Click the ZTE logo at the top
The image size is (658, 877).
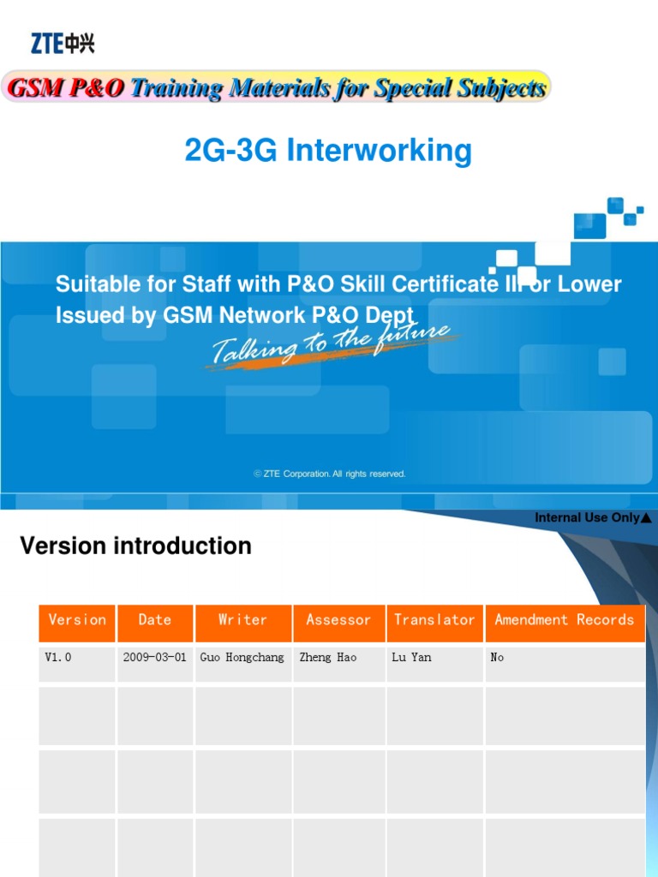tap(63, 43)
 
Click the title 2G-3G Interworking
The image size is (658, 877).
tap(328, 151)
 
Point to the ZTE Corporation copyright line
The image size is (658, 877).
tap(330, 474)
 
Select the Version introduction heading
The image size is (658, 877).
tap(135, 546)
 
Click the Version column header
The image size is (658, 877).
tap(77, 620)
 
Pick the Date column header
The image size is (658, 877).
tap(155, 620)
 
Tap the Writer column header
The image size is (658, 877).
tap(243, 620)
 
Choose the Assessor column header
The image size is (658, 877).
tap(338, 620)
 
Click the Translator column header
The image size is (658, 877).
tap(434, 620)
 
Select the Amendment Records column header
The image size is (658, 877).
tap(565, 620)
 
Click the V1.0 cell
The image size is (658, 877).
tap(57, 658)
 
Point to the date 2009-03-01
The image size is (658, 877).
tap(155, 658)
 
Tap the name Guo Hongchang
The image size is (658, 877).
tap(242, 658)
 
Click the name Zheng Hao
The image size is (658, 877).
tap(328, 658)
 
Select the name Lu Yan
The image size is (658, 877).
tap(411, 658)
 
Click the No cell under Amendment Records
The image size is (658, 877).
tap(497, 658)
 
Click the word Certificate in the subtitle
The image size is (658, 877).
tap(426, 284)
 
